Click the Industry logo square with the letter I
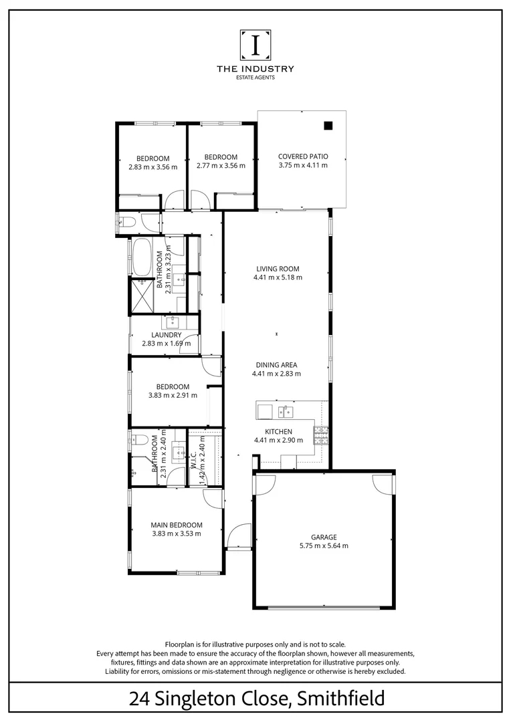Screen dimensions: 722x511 tap(255, 45)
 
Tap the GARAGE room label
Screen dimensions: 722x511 tap(323, 537)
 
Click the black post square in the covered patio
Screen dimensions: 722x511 tap(328, 125)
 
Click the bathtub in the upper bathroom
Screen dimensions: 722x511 tap(142, 257)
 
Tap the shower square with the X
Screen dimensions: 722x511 tap(142, 295)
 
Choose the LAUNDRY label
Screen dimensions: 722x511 tap(166, 335)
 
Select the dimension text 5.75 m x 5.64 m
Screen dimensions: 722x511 tap(323, 546)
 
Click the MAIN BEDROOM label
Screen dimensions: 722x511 tap(176, 525)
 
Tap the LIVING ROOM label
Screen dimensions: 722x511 tap(277, 269)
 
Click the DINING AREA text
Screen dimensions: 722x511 tap(276, 365)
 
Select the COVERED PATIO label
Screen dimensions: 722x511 tap(303, 156)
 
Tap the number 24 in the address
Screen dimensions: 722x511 tap(138, 700)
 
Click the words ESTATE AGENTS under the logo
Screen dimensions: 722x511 tap(255, 78)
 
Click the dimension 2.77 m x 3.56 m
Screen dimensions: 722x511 tap(221, 166)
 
